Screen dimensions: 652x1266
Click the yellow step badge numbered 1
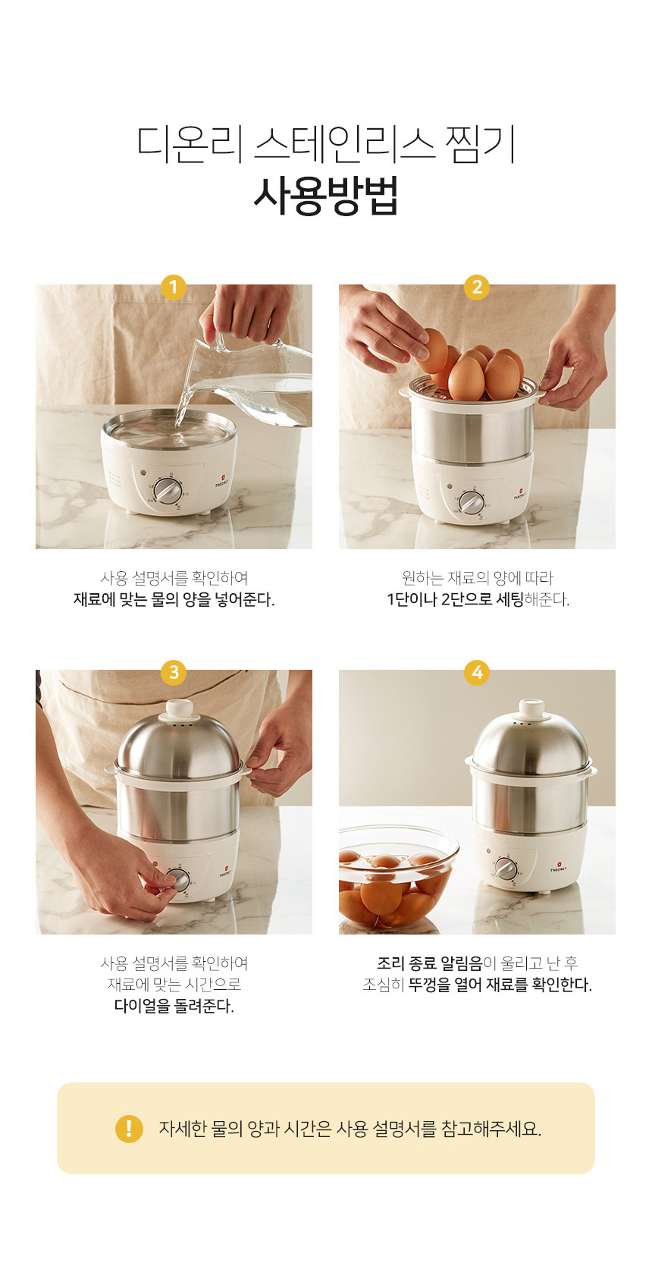[x=174, y=287]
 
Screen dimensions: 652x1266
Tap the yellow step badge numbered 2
[x=477, y=287]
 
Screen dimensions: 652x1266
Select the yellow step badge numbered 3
[x=174, y=673]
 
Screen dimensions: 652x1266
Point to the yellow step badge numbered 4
[x=477, y=673]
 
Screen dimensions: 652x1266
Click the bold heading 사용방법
[x=326, y=196]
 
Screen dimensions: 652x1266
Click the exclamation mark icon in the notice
[x=130, y=1129]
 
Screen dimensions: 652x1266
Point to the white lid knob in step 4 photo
[x=531, y=708]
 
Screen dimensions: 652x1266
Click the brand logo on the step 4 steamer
[x=558, y=867]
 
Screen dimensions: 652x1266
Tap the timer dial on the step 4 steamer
[x=506, y=868]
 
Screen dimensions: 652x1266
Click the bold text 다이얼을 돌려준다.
[x=174, y=1006]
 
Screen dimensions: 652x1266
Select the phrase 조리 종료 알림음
[x=429, y=963]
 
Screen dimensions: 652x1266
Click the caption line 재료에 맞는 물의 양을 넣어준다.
[x=174, y=600]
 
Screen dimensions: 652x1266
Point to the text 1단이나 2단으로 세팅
[x=456, y=600]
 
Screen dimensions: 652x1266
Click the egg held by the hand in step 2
[x=434, y=350]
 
